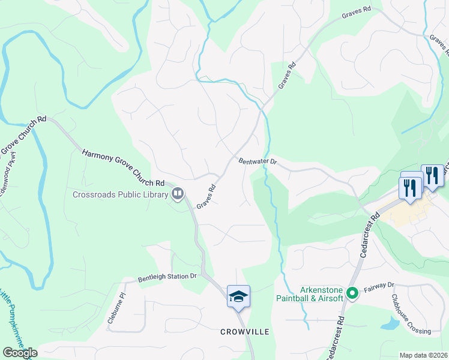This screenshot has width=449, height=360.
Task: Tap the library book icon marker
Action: pyautogui.click(x=178, y=193)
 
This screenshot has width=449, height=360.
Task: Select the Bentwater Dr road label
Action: pyautogui.click(x=256, y=161)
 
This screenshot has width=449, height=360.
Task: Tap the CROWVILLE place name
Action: pyautogui.click(x=244, y=331)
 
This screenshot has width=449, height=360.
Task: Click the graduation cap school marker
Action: pyautogui.click(x=238, y=296)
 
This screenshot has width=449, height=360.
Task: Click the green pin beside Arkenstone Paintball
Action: pyautogui.click(x=352, y=294)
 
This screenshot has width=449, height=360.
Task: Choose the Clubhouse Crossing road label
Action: pyautogui.click(x=411, y=315)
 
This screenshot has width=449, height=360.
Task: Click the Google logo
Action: pyautogui.click(x=20, y=353)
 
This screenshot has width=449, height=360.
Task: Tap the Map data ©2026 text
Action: pyautogui.click(x=423, y=355)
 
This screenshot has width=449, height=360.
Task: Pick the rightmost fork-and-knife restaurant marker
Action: pyautogui.click(x=432, y=175)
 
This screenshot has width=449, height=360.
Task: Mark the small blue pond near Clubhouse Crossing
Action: pyautogui.click(x=390, y=325)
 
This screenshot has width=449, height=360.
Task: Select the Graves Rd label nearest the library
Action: pyautogui.click(x=206, y=196)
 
